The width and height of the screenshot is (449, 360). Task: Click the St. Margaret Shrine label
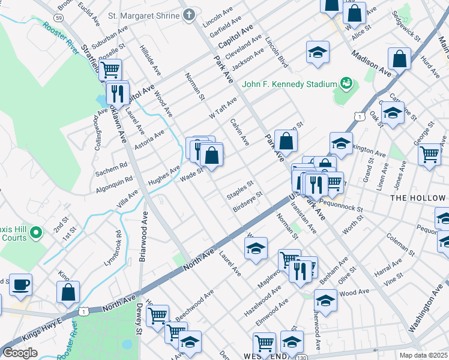(142, 15)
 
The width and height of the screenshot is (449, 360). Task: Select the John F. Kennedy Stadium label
(289, 83)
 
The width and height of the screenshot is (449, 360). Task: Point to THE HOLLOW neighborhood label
(418, 197)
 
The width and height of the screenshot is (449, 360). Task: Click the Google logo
(20, 352)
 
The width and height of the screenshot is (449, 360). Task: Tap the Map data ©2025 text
(423, 355)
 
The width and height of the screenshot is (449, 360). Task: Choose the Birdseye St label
(248, 203)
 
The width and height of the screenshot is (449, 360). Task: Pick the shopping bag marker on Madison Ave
(399, 59)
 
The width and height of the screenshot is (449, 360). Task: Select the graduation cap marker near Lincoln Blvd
(318, 52)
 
